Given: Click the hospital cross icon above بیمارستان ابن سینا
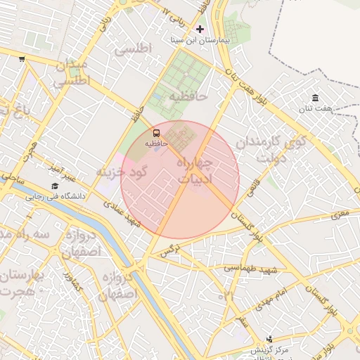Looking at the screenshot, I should pos(200,29).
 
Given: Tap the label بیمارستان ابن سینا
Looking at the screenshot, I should pos(200,40).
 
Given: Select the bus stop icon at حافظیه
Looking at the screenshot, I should pos(155,131).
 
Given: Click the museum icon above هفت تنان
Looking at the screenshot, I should pos(314,97).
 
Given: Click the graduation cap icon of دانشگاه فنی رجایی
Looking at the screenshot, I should pos(54,186).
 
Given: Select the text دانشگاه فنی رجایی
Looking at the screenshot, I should pos(56,197).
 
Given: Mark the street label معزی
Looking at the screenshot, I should pos(340,210).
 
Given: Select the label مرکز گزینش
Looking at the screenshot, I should pos(270,349).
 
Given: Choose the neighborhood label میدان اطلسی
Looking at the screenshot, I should pos(68,73).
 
